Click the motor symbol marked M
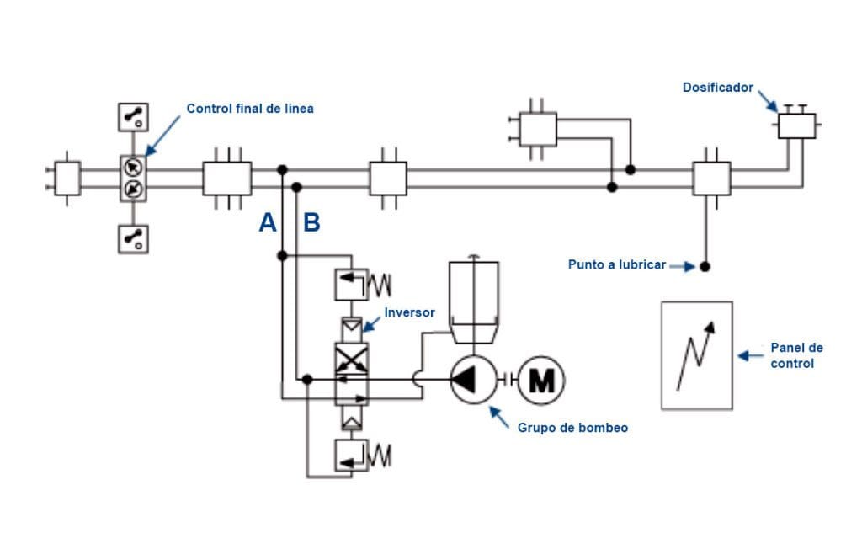coord(540,381)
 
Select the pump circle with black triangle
coord(475,381)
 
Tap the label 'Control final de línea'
coord(250,109)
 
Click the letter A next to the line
coord(268,223)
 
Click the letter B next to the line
coord(311,223)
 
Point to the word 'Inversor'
coord(409,312)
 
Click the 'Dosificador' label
coord(718,88)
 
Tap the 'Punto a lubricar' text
coord(616,265)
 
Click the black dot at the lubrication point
coord(705,266)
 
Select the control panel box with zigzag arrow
coord(696,355)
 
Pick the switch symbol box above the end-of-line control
coord(133,117)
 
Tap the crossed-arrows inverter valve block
coord(351,360)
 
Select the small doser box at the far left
coord(67,178)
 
